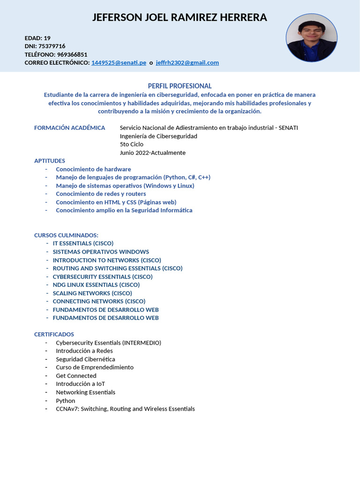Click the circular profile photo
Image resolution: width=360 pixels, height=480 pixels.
312,38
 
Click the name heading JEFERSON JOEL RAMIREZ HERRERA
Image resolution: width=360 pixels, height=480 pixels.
180,18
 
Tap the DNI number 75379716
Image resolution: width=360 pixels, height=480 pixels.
52,46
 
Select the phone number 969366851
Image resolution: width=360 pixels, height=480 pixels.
69,54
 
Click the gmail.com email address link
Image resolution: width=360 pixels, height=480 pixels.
187,63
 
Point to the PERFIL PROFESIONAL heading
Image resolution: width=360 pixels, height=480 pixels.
180,86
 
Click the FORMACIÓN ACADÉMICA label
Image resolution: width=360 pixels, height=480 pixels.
69,128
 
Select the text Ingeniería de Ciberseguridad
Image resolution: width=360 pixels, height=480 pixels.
158,136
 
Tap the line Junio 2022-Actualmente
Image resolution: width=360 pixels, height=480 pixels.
153,153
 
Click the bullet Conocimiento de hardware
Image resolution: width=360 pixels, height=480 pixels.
93,169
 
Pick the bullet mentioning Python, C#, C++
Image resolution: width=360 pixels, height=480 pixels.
133,177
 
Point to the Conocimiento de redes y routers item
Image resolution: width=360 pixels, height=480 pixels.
101,194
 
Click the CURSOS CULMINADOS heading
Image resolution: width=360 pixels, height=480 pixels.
66,235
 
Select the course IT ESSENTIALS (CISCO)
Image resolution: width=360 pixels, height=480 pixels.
83,243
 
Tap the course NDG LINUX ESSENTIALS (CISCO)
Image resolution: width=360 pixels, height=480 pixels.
96,285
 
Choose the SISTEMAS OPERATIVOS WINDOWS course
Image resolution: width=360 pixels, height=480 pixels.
101,252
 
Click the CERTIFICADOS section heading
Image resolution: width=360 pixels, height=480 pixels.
54,334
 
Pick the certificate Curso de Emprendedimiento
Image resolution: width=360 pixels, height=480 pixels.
95,367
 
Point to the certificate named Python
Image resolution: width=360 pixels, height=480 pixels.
66,401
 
